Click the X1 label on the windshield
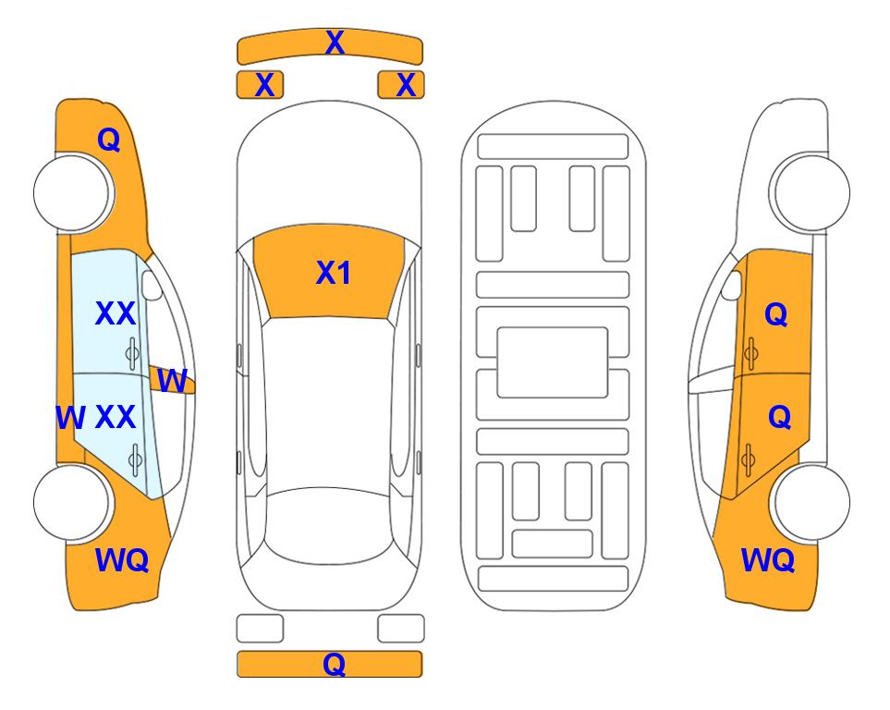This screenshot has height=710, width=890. [x=334, y=273]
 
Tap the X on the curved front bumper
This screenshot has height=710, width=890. [x=335, y=43]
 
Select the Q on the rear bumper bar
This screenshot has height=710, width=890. [x=334, y=664]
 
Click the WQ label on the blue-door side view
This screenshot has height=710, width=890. [x=122, y=560]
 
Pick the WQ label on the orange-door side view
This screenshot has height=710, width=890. [x=767, y=560]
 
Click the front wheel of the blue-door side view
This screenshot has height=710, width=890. [x=71, y=193]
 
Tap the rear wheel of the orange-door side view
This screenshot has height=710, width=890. [x=812, y=503]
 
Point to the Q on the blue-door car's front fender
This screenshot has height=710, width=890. [x=109, y=140]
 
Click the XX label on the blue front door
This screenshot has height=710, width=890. [x=116, y=313]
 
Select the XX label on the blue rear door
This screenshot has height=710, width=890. [x=116, y=417]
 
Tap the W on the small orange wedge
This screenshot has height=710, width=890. [x=172, y=381]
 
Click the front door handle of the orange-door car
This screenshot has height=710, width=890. [x=750, y=353]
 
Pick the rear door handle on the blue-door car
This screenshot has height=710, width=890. [x=135, y=459]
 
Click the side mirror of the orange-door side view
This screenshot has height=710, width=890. [x=732, y=286]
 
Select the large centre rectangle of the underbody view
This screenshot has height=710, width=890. [x=553, y=362]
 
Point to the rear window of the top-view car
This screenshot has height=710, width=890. [x=330, y=525]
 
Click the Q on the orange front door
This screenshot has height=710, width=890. [x=776, y=314]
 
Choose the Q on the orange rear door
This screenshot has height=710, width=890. [x=779, y=418]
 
